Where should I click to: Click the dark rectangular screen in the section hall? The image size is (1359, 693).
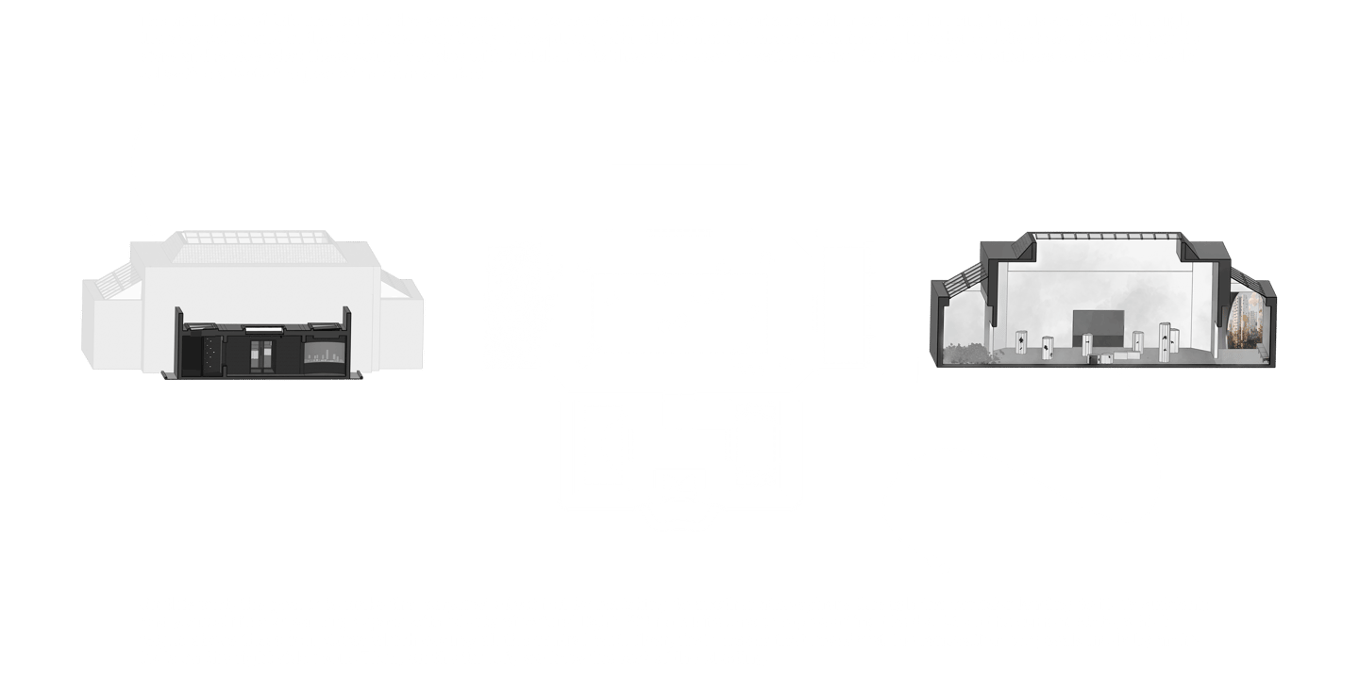pyautogui.click(x=1099, y=326)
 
